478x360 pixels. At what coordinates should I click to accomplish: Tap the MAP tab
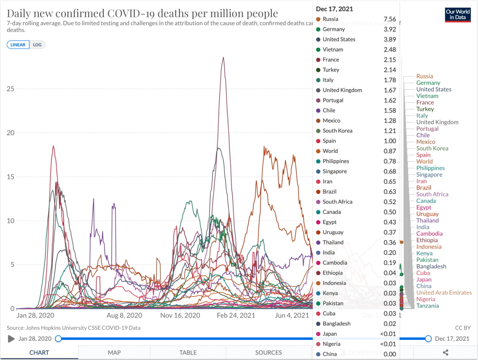[114, 353]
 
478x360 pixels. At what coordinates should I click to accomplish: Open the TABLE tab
[189, 353]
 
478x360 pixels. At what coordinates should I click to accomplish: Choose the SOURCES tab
[269, 353]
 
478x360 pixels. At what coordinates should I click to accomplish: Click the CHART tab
[39, 353]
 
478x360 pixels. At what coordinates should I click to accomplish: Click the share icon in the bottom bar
[445, 353]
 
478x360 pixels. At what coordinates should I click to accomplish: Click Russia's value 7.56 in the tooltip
[389, 19]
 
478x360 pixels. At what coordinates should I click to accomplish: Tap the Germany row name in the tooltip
[334, 29]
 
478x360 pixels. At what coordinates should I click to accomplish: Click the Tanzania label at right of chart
[428, 306]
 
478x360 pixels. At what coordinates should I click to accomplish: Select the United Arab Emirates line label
[444, 293]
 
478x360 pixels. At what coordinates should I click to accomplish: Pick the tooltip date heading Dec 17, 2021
[335, 9]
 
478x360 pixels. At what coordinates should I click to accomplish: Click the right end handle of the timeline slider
[428, 338]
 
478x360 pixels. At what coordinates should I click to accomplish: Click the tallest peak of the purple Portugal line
[223, 58]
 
